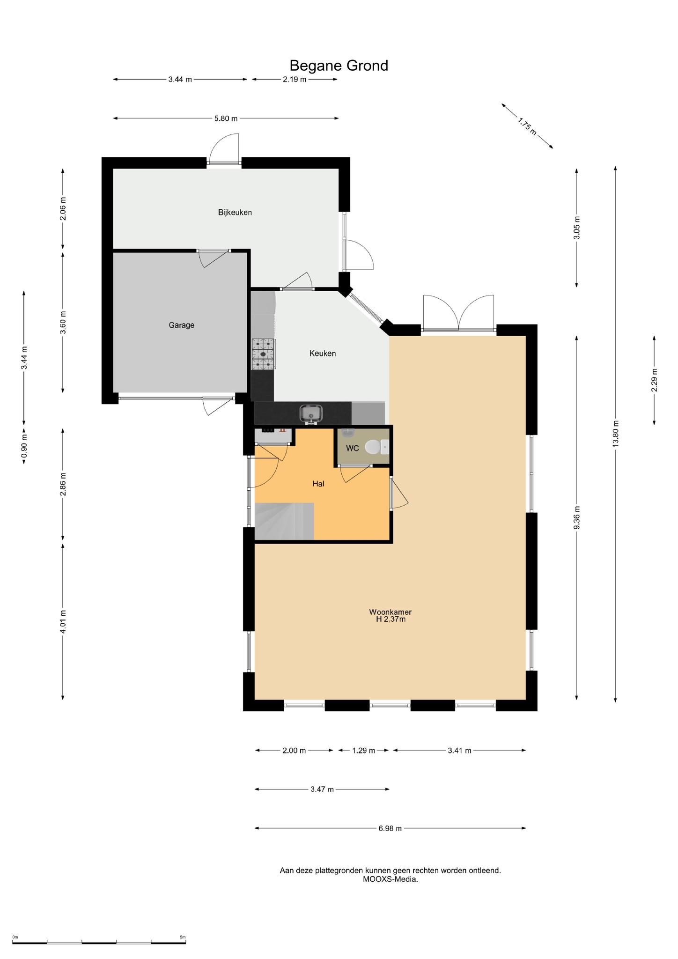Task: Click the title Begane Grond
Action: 339,65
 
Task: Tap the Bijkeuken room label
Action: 235,212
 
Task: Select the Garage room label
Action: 182,325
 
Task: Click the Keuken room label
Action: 323,354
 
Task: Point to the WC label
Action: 352,449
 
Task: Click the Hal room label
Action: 318,484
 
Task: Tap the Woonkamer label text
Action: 390,612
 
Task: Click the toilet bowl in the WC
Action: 373,447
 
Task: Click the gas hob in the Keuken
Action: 263,354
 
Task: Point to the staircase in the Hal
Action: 284,521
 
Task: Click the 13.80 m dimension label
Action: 615,434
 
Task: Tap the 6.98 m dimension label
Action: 390,828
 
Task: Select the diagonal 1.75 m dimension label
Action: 527,126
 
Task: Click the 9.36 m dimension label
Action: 576,517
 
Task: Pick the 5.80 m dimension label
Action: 226,118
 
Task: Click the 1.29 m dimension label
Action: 364,751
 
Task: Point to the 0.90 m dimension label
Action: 24,447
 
